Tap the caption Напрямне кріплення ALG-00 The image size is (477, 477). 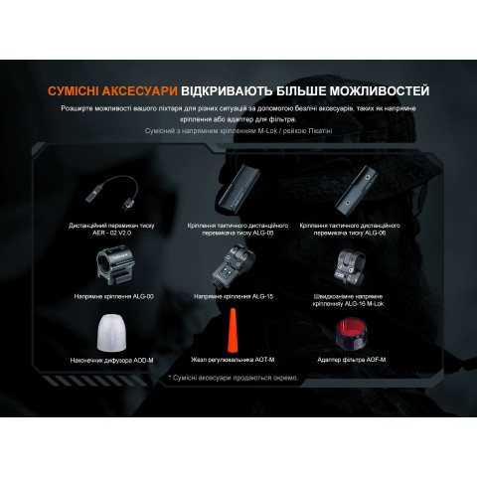tap(113, 295)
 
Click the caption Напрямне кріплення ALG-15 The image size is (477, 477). tap(238, 295)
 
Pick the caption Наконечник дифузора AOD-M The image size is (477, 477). tap(113, 361)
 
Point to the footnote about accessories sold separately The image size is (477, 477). tap(238, 377)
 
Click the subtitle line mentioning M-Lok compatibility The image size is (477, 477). tap(238, 130)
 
